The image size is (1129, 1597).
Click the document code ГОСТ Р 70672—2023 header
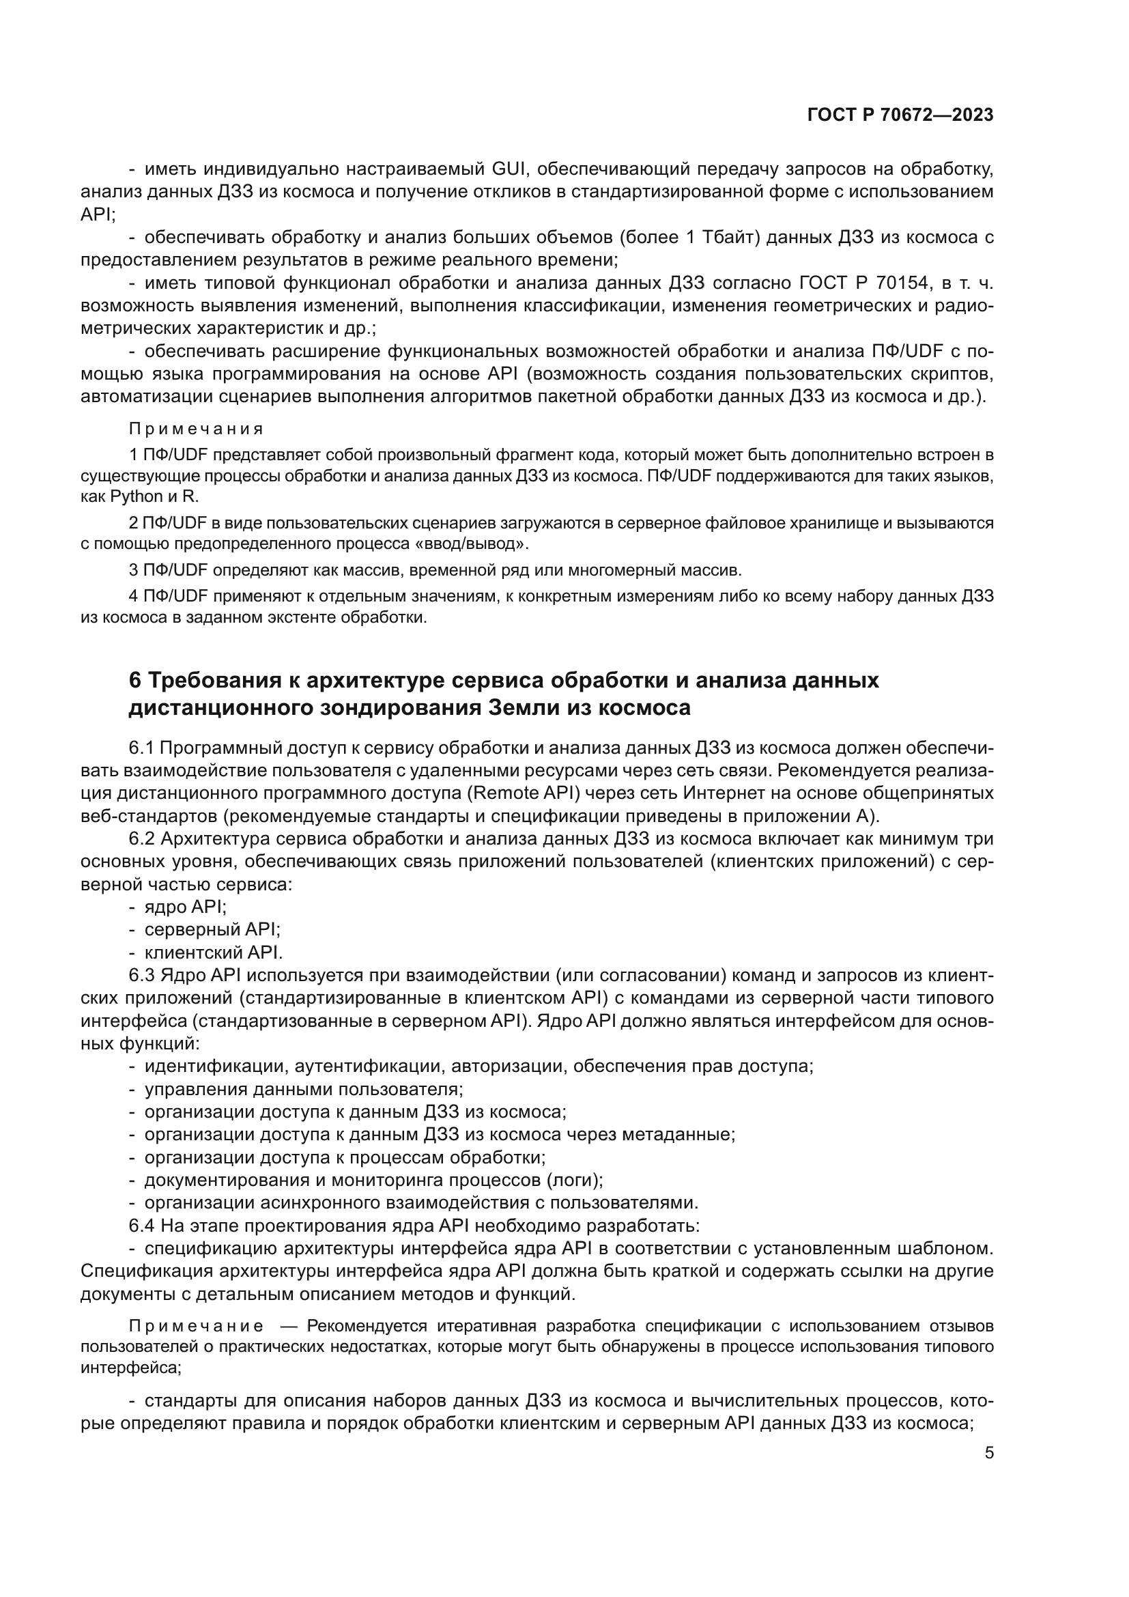[x=900, y=115]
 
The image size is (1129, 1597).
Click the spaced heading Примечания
[x=197, y=429]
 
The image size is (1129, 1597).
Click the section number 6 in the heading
[x=136, y=680]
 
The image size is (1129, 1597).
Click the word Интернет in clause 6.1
[x=717, y=793]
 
